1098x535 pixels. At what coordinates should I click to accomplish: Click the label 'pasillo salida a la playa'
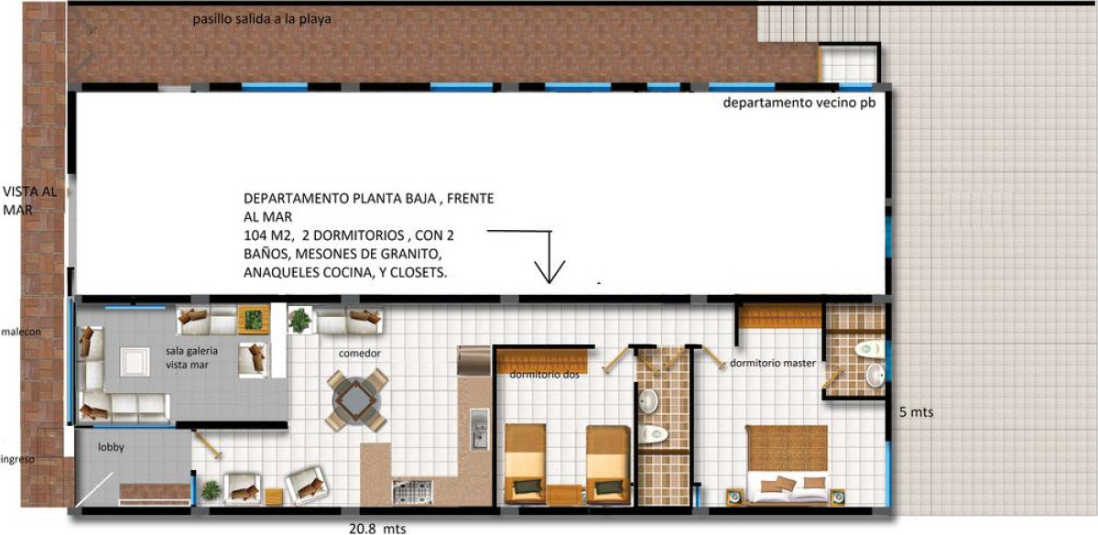click(262, 19)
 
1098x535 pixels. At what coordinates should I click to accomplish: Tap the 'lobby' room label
click(111, 447)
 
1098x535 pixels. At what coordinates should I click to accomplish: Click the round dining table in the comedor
click(357, 400)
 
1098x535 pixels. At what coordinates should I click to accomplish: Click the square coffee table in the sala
click(135, 362)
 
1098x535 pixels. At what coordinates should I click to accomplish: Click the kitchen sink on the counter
click(479, 428)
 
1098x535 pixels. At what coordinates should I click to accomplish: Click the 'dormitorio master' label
click(775, 364)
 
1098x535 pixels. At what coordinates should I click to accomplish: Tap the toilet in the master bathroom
click(868, 348)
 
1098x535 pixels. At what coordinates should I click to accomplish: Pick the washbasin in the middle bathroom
click(648, 400)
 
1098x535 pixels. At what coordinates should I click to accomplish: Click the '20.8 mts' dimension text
click(377, 528)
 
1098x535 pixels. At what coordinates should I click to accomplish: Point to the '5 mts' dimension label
click(916, 413)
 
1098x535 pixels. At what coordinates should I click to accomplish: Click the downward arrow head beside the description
click(549, 272)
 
